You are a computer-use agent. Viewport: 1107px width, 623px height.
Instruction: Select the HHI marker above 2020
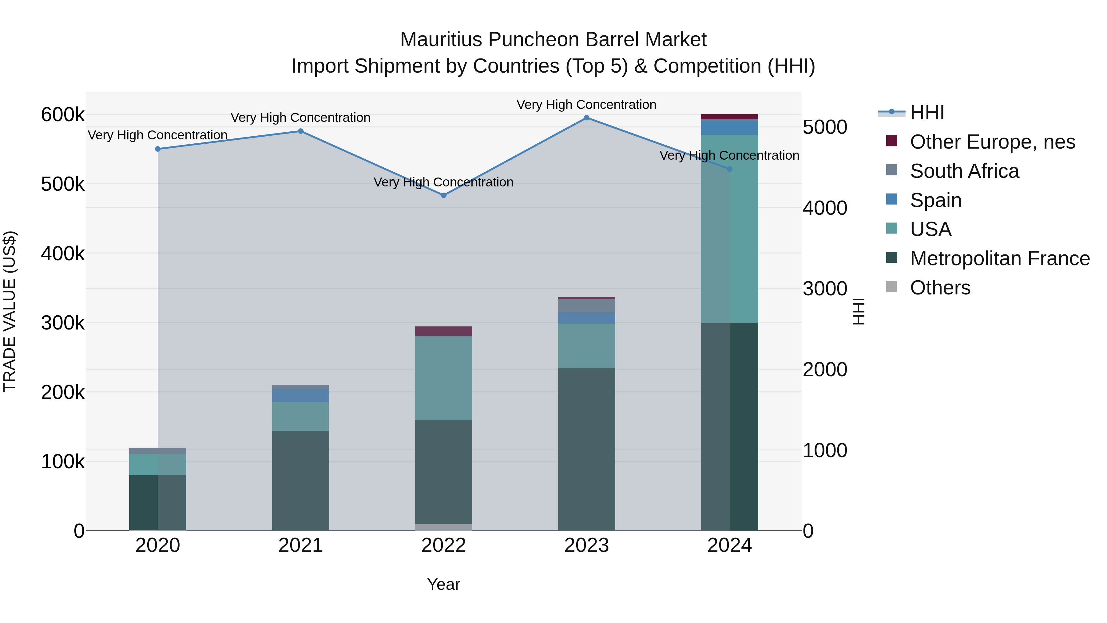click(x=158, y=149)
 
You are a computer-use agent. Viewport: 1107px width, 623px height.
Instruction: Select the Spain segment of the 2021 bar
click(x=300, y=395)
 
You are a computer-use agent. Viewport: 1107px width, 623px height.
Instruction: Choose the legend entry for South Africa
click(x=964, y=171)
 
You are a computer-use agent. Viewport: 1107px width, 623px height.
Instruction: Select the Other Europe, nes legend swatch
click(x=892, y=141)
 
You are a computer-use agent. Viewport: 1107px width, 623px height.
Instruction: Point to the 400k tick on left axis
click(x=63, y=254)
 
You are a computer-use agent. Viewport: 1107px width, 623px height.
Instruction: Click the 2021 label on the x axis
click(x=300, y=545)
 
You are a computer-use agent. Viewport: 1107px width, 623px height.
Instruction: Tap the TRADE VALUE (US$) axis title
click(x=10, y=311)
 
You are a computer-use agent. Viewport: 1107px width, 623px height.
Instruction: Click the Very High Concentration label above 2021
click(x=300, y=118)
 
